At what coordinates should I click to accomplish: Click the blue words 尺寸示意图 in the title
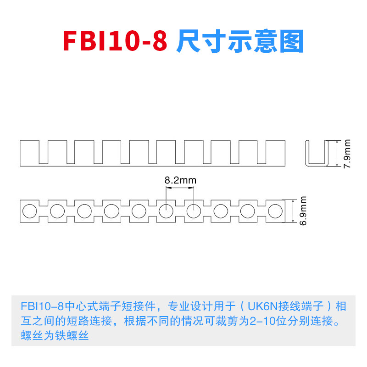[240, 42]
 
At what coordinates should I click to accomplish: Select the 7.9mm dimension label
[347, 154]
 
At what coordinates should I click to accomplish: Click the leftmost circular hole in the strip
[29, 211]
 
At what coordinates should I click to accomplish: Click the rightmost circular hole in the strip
[275, 211]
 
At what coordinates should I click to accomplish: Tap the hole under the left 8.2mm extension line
[166, 211]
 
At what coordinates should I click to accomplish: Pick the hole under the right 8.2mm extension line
[194, 211]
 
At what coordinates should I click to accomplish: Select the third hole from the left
[84, 211]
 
